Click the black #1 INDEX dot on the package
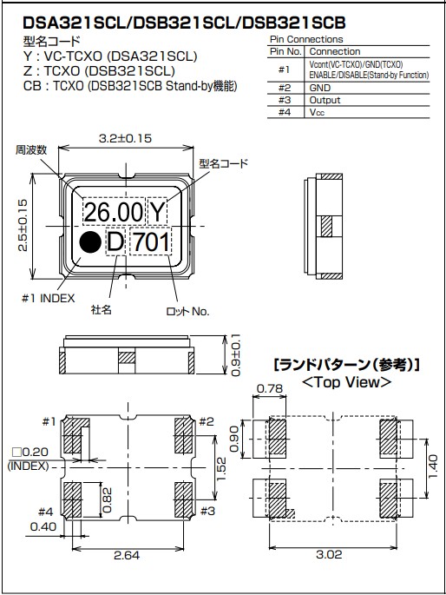click(89, 242)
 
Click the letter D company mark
click(115, 242)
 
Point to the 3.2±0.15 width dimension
click(127, 137)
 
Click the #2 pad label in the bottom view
click(206, 423)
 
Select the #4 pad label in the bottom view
click(46, 511)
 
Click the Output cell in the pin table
click(325, 99)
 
